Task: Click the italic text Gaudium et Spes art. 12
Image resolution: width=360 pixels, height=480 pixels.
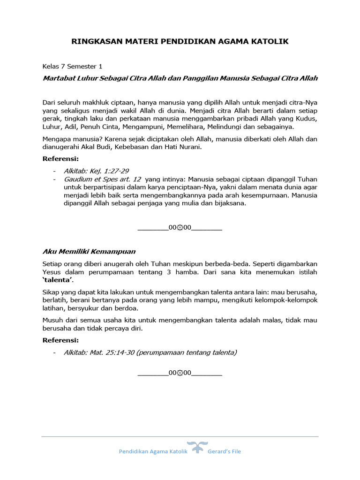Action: click(x=102, y=179)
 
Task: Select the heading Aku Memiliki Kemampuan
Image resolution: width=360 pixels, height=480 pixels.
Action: click(x=89, y=252)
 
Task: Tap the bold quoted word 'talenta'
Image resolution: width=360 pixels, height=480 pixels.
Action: click(x=58, y=280)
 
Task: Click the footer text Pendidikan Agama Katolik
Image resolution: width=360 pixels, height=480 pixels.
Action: click(x=153, y=451)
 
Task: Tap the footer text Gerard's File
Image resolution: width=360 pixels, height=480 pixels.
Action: click(x=225, y=451)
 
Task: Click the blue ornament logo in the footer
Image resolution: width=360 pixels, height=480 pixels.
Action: click(x=197, y=447)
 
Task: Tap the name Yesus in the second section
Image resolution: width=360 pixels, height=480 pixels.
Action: click(x=52, y=272)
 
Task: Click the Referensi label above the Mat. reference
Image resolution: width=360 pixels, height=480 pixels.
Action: click(x=60, y=340)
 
